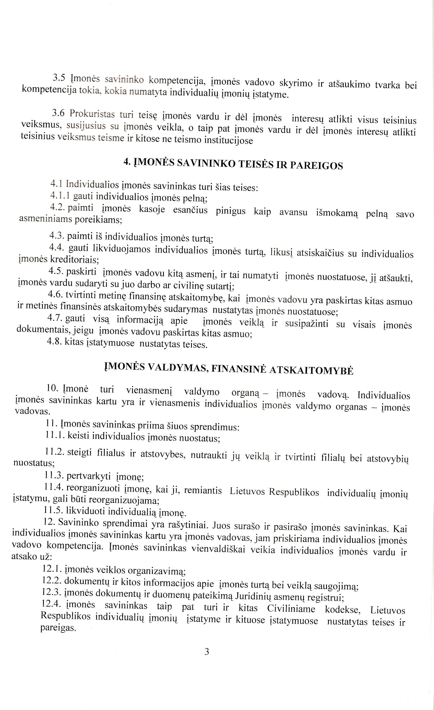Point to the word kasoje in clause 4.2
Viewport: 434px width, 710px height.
coord(152,209)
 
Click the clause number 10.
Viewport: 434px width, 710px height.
coord(52,388)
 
